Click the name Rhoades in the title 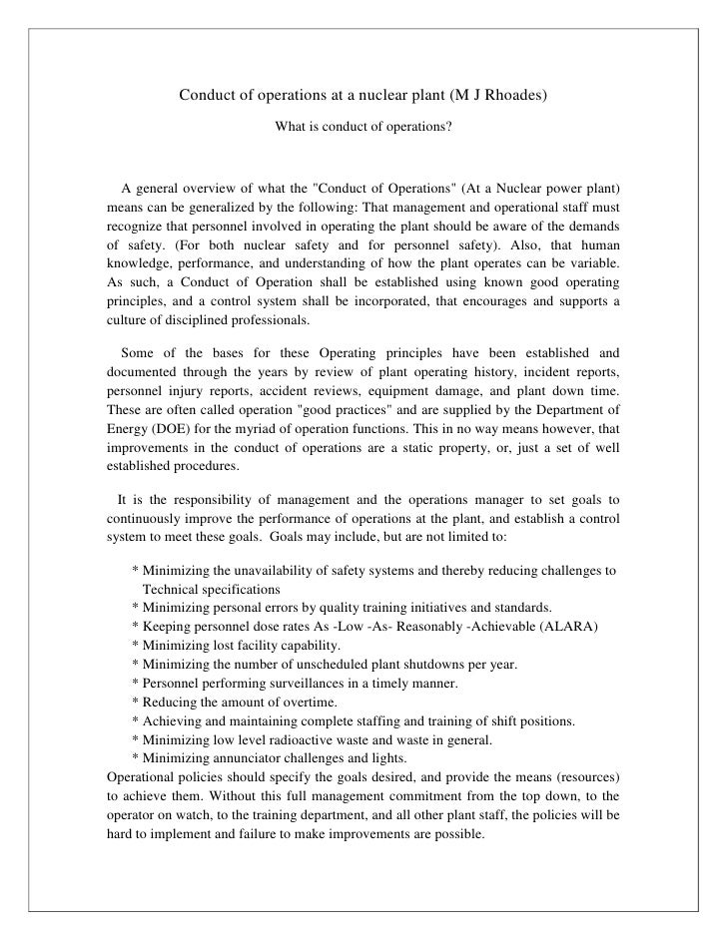[x=509, y=95]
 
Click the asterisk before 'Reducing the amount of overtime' [x=135, y=703]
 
